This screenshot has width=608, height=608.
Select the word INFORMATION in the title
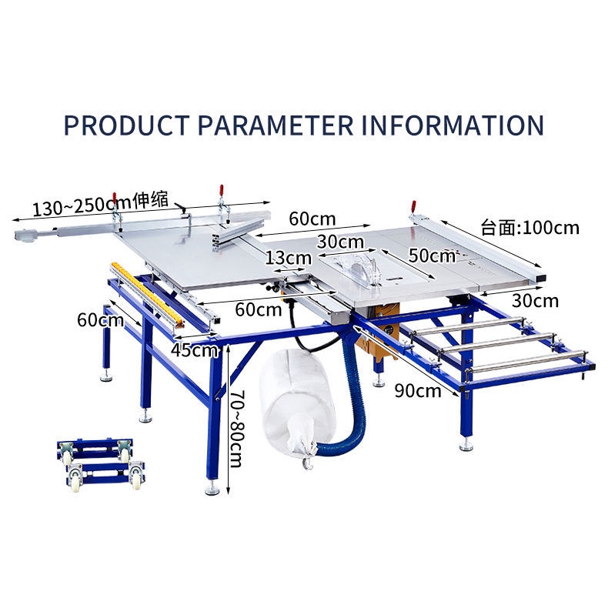point(453,125)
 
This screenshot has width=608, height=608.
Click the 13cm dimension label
point(288,258)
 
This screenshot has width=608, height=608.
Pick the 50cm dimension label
point(432,255)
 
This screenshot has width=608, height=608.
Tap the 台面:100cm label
point(529,228)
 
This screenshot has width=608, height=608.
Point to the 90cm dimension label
point(418,390)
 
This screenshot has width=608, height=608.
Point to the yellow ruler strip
point(151,292)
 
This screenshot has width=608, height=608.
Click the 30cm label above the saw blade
point(342,242)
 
